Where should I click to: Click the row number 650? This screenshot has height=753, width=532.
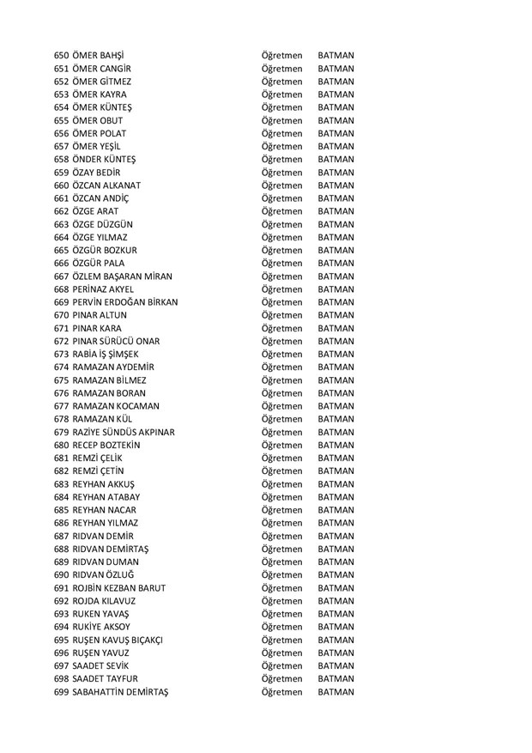[x=61, y=55]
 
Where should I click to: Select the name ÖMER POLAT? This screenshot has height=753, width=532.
[x=100, y=134]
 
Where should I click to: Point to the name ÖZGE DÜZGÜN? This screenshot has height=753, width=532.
[x=103, y=224]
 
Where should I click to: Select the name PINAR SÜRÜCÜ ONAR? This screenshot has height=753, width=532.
[x=116, y=341]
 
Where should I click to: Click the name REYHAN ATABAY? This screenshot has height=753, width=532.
[x=107, y=497]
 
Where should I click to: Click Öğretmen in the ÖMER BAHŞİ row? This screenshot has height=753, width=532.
[x=281, y=55]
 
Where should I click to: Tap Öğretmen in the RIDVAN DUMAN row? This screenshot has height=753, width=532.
[x=281, y=562]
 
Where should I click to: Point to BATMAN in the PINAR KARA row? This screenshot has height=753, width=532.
[x=336, y=328]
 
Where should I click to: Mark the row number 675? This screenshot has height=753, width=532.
[x=61, y=380]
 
